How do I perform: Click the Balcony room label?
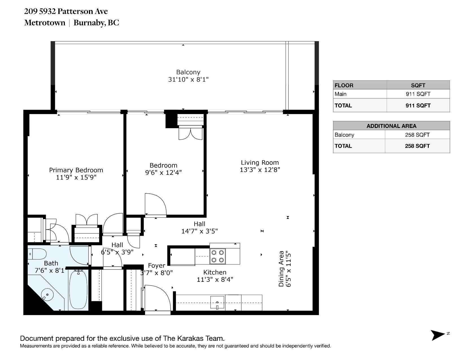[x=188, y=72]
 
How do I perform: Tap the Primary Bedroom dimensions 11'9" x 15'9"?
[x=76, y=177]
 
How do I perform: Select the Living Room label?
[x=260, y=163]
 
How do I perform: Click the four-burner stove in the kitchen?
[x=217, y=256]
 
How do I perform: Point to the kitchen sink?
[x=217, y=302]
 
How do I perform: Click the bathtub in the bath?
[x=78, y=290]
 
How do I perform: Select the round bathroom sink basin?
[x=47, y=294]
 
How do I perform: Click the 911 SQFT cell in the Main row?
[x=418, y=94]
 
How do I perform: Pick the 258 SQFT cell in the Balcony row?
[x=417, y=135]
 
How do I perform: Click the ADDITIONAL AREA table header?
[x=391, y=126]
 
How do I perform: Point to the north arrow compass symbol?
[x=438, y=335]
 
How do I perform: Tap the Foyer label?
[x=156, y=266]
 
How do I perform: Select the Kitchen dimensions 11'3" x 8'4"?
[x=215, y=280]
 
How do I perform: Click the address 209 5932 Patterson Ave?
[x=66, y=11]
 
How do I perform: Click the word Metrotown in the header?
[x=45, y=23]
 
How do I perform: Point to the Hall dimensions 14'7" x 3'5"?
[x=199, y=231]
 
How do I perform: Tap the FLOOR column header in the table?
[x=344, y=85]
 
